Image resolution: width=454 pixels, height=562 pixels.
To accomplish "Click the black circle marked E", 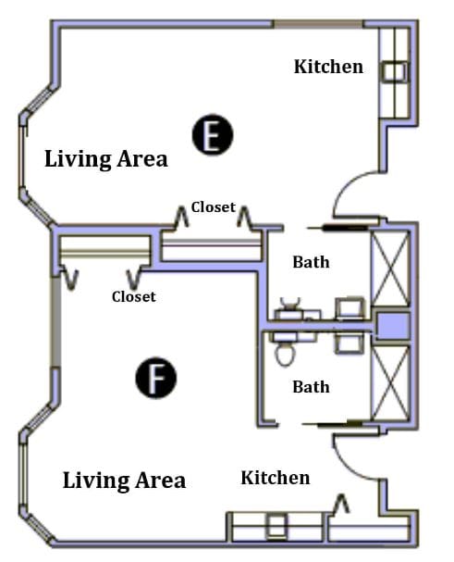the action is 213,135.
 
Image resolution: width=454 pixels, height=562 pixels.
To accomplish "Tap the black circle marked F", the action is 156,378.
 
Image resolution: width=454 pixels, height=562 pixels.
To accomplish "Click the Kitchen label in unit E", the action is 328,67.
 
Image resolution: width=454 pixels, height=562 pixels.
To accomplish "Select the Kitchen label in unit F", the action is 276,478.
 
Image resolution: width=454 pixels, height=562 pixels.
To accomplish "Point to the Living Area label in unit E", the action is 106,159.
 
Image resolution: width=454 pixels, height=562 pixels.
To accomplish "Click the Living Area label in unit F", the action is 124,481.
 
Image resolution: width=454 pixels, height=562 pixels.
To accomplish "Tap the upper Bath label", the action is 311,262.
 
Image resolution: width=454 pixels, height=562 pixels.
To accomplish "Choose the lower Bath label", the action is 311,387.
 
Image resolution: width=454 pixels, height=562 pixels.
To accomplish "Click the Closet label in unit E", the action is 214,207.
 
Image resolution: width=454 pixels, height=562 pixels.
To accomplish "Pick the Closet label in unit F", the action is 134,297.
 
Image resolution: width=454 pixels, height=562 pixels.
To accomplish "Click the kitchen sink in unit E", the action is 394,71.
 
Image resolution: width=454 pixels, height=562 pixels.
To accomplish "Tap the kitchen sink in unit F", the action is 277,526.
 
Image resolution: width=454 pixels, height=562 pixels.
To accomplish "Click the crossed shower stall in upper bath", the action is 390,269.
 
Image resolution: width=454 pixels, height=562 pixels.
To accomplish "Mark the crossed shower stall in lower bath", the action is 390,382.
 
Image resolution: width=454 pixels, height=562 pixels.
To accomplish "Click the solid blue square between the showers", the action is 394,326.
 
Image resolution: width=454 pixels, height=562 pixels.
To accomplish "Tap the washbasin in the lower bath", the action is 350,343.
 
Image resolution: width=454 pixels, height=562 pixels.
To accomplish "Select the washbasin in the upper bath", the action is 350,308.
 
